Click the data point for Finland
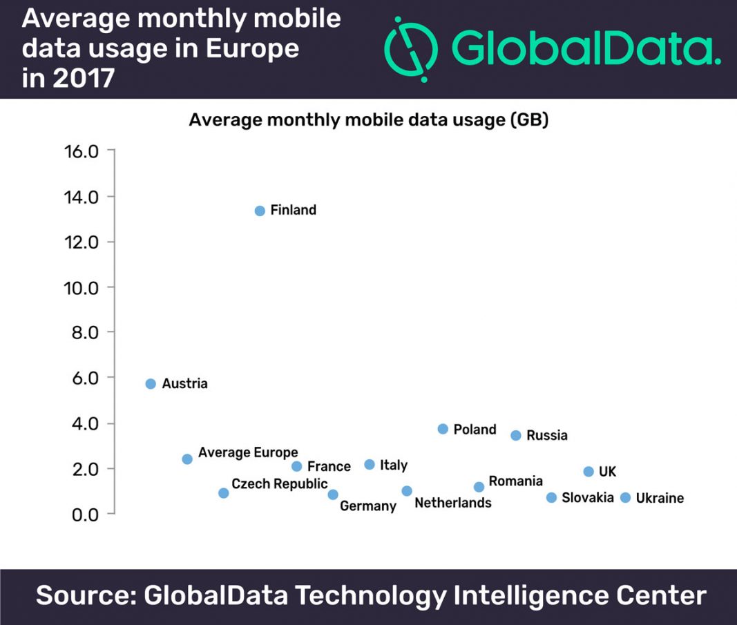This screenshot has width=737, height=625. tap(260, 211)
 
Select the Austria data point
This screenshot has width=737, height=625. tap(151, 384)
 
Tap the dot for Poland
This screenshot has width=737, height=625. tap(443, 429)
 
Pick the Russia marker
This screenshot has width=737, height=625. tap(515, 435)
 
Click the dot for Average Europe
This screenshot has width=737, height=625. tap(187, 459)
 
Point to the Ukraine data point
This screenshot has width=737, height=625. tap(625, 498)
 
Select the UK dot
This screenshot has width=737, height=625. tap(588, 472)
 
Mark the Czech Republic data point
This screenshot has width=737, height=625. tap(223, 493)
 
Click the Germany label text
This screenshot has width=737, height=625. tap(368, 506)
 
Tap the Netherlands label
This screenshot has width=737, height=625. tap(452, 503)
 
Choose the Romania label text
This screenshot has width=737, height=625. tap(515, 481)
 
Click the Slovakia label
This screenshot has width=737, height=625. tap(587, 498)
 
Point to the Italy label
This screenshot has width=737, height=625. tap(394, 465)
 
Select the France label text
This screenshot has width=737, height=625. tap(329, 467)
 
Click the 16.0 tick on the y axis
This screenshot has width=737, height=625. tap(82, 151)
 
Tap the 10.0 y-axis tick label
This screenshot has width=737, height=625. tap(82, 287)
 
